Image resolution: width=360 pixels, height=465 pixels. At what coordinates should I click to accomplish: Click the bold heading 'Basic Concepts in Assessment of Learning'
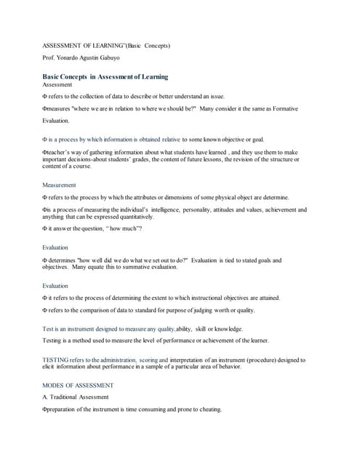(105, 76)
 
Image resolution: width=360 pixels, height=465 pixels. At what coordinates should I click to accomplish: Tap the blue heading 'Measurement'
(59, 185)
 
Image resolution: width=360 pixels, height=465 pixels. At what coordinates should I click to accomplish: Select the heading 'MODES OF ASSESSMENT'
(78, 385)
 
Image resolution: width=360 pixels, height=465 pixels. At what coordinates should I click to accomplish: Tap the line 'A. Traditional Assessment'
(76, 397)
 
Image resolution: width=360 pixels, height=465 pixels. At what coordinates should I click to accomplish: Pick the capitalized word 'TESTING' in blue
(55, 360)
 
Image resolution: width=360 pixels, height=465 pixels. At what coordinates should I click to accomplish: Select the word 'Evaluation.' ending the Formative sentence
(56, 121)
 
